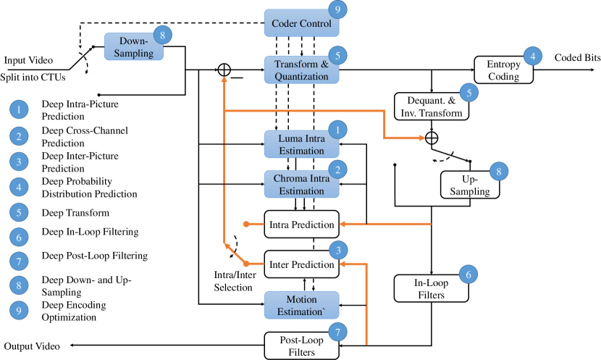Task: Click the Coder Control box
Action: (300, 24)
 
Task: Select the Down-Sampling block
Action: (134, 46)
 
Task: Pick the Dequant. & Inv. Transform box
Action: (430, 106)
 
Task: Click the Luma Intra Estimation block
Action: (300, 143)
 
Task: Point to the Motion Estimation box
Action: (300, 305)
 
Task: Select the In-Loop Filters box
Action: (430, 288)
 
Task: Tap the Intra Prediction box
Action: (300, 225)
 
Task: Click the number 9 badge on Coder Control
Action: (337, 10)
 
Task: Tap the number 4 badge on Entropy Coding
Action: (533, 56)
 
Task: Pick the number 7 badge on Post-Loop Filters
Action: (337, 332)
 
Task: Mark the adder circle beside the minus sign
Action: (224, 70)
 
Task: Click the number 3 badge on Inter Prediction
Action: (337, 251)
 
